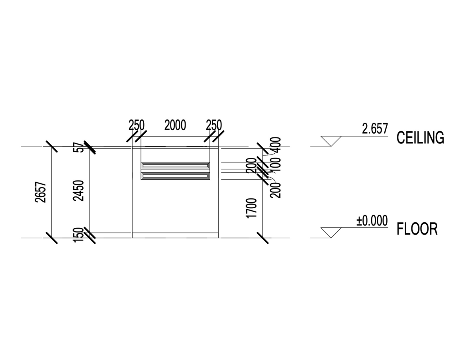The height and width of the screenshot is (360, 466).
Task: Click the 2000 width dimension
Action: tap(175, 125)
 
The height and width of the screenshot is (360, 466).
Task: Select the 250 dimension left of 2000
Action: tap(136, 125)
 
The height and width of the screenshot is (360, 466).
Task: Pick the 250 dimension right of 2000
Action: tap(214, 125)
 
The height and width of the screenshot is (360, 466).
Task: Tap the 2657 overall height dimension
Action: tap(41, 192)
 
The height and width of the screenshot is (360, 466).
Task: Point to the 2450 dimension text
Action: tap(79, 191)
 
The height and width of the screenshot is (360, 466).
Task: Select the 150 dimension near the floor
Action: tap(78, 235)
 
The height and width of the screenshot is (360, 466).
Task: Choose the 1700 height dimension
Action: tap(251, 208)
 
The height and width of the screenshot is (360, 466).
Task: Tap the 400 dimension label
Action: tap(276, 145)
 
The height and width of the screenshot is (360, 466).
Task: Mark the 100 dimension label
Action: tap(276, 166)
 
